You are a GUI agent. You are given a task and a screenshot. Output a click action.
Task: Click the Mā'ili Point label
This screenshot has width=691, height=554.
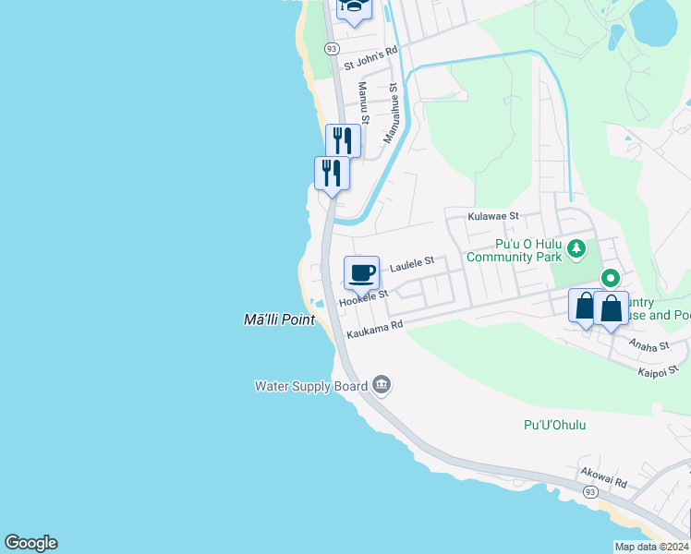tap(279, 319)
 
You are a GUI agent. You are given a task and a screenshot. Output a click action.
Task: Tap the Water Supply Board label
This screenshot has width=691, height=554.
tap(311, 386)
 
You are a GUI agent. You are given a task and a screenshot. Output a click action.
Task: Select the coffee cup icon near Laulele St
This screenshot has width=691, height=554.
tap(361, 272)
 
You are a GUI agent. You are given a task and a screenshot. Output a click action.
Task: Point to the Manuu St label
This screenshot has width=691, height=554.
tap(363, 102)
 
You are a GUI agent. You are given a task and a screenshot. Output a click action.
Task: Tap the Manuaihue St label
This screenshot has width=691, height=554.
tap(392, 114)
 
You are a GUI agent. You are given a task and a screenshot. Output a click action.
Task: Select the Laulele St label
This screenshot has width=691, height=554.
tap(411, 265)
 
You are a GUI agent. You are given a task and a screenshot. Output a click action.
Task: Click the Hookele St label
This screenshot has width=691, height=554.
tap(363, 297)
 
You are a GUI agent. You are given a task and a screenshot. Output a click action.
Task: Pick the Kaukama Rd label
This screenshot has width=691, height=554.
tap(375, 330)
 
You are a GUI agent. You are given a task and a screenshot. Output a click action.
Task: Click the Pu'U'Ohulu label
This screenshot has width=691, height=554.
tap(554, 425)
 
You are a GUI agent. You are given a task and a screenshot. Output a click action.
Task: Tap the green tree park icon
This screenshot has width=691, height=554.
tap(576, 247)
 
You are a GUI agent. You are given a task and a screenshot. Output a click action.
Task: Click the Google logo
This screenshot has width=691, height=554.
tap(30, 543)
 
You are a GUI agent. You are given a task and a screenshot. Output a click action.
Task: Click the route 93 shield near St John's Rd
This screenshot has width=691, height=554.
tap(332, 47)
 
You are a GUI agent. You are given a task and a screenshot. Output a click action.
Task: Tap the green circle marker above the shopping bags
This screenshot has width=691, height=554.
tap(611, 277)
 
